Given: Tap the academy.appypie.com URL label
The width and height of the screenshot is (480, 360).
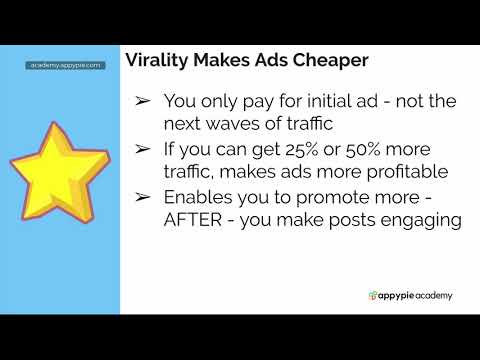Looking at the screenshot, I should pos(66,65).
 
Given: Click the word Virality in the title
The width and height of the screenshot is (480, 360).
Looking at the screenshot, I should pos(156,60).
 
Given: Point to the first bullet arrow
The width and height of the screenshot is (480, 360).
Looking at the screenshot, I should pos(142,102).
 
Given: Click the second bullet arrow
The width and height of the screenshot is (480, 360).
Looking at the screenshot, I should pos(142,150).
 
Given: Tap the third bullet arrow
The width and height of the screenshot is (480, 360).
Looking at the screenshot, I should pos(142,198).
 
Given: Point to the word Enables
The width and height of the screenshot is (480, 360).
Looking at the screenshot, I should pos(199,198).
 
